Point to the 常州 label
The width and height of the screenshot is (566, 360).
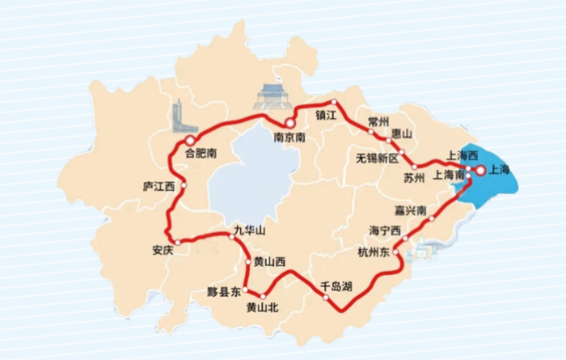coord(378,120)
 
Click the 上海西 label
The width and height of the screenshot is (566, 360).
coord(463,155)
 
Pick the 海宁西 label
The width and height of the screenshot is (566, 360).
coord(385,231)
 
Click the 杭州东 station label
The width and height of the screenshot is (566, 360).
coord(374,253)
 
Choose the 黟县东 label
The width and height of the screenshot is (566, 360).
coord(224,290)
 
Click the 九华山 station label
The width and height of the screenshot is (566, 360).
coord(249,230)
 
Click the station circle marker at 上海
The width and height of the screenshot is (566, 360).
coord(479,170)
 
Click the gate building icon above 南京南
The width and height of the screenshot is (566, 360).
coord(270,96)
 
